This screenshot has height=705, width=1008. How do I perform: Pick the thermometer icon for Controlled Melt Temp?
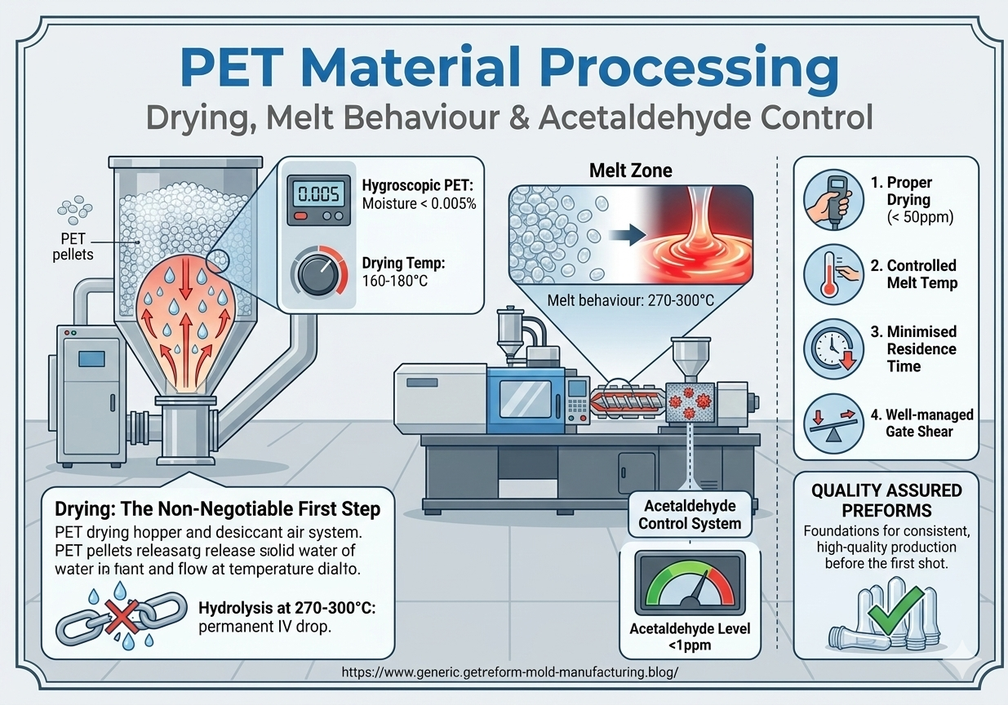tap(834, 275)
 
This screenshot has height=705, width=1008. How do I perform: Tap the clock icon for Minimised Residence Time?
tap(833, 349)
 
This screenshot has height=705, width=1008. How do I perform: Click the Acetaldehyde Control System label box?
tap(690, 513)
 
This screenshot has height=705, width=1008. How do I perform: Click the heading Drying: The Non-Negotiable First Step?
tap(217, 509)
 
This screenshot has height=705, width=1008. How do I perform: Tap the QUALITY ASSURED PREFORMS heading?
tap(886, 499)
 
